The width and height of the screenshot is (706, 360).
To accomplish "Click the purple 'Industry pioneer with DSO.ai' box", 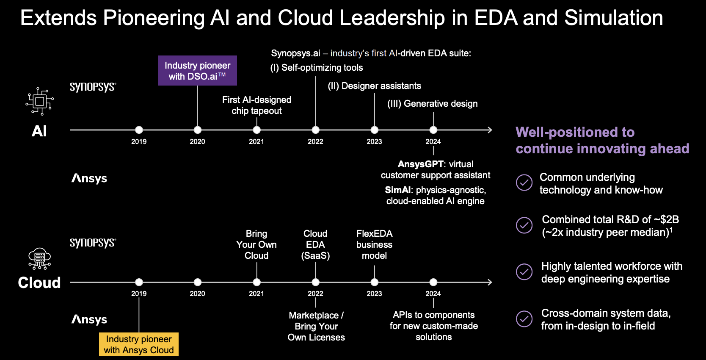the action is (x=197, y=70).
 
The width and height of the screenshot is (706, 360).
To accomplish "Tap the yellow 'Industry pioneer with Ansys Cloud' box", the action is (x=139, y=344).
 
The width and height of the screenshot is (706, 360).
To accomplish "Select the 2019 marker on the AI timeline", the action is (x=139, y=130).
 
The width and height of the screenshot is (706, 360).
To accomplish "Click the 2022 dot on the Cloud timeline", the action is (x=315, y=282).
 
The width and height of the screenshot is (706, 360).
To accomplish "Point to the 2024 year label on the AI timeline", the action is (x=433, y=141).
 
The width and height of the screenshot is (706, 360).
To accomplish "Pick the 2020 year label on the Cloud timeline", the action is (x=197, y=294).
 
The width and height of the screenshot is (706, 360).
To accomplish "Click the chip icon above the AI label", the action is (x=40, y=101).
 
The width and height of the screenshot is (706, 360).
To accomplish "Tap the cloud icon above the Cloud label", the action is (x=40, y=259).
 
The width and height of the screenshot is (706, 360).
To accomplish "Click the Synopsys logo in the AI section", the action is (x=93, y=87).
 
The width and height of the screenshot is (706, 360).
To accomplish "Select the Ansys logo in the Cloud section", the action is (x=89, y=320).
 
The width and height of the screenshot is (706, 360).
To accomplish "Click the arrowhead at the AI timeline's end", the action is (x=490, y=130).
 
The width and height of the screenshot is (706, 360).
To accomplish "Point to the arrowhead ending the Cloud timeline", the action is (x=490, y=282).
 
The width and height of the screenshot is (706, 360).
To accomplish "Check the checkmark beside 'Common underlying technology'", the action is (x=524, y=183).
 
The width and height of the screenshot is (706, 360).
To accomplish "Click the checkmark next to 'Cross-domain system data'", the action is (x=524, y=319).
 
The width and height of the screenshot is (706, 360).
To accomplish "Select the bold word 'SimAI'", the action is (x=398, y=190).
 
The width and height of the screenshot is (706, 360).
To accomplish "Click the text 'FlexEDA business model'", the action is (x=375, y=244).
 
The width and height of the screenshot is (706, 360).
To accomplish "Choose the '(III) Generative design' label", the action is (x=433, y=104).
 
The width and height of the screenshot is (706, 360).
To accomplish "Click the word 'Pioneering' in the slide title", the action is (x=154, y=18).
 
